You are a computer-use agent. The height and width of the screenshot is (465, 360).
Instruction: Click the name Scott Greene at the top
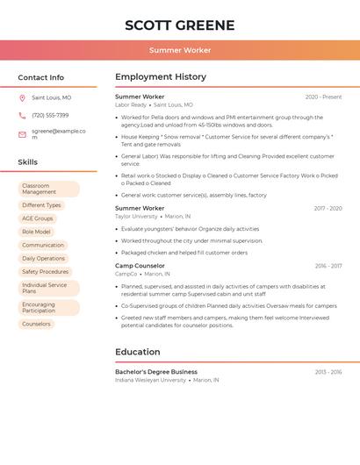pyautogui.click(x=180, y=25)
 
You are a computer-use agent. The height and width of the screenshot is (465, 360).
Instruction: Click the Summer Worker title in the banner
pyautogui.click(x=180, y=50)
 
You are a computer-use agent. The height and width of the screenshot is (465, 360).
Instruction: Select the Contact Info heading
pyautogui.click(x=41, y=77)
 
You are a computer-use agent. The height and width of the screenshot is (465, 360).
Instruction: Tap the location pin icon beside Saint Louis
pyautogui.click(x=22, y=98)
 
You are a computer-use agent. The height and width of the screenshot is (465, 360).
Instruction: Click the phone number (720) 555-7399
pyautogui.click(x=50, y=115)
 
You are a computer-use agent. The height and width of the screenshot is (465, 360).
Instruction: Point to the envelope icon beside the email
pyautogui.click(x=22, y=134)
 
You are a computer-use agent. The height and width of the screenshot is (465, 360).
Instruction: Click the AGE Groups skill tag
pyautogui.click(x=38, y=218)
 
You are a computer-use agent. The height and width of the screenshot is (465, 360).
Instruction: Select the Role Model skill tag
pyautogui.click(x=36, y=232)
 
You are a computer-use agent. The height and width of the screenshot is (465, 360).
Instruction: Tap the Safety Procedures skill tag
pyautogui.click(x=45, y=272)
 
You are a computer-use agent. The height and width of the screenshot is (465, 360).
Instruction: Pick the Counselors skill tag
pyautogui.click(x=37, y=324)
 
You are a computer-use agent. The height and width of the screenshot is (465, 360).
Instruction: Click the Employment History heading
pyautogui.click(x=161, y=77)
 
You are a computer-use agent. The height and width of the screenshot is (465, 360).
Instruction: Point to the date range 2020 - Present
pyautogui.click(x=323, y=97)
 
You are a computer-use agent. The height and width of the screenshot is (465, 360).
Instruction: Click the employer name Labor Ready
pyautogui.click(x=131, y=105)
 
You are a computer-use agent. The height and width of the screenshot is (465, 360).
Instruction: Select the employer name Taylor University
pyautogui.click(x=136, y=216)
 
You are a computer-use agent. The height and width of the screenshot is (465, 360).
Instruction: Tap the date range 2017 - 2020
pyautogui.click(x=328, y=209)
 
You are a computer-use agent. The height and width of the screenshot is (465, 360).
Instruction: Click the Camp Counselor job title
pyautogui.click(x=140, y=266)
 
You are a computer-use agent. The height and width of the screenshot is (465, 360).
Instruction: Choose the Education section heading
pyautogui.click(x=138, y=352)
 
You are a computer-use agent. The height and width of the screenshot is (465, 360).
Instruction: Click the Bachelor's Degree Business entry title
pyautogui.click(x=156, y=372)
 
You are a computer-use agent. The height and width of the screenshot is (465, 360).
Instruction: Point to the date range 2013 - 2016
pyautogui.click(x=328, y=372)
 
